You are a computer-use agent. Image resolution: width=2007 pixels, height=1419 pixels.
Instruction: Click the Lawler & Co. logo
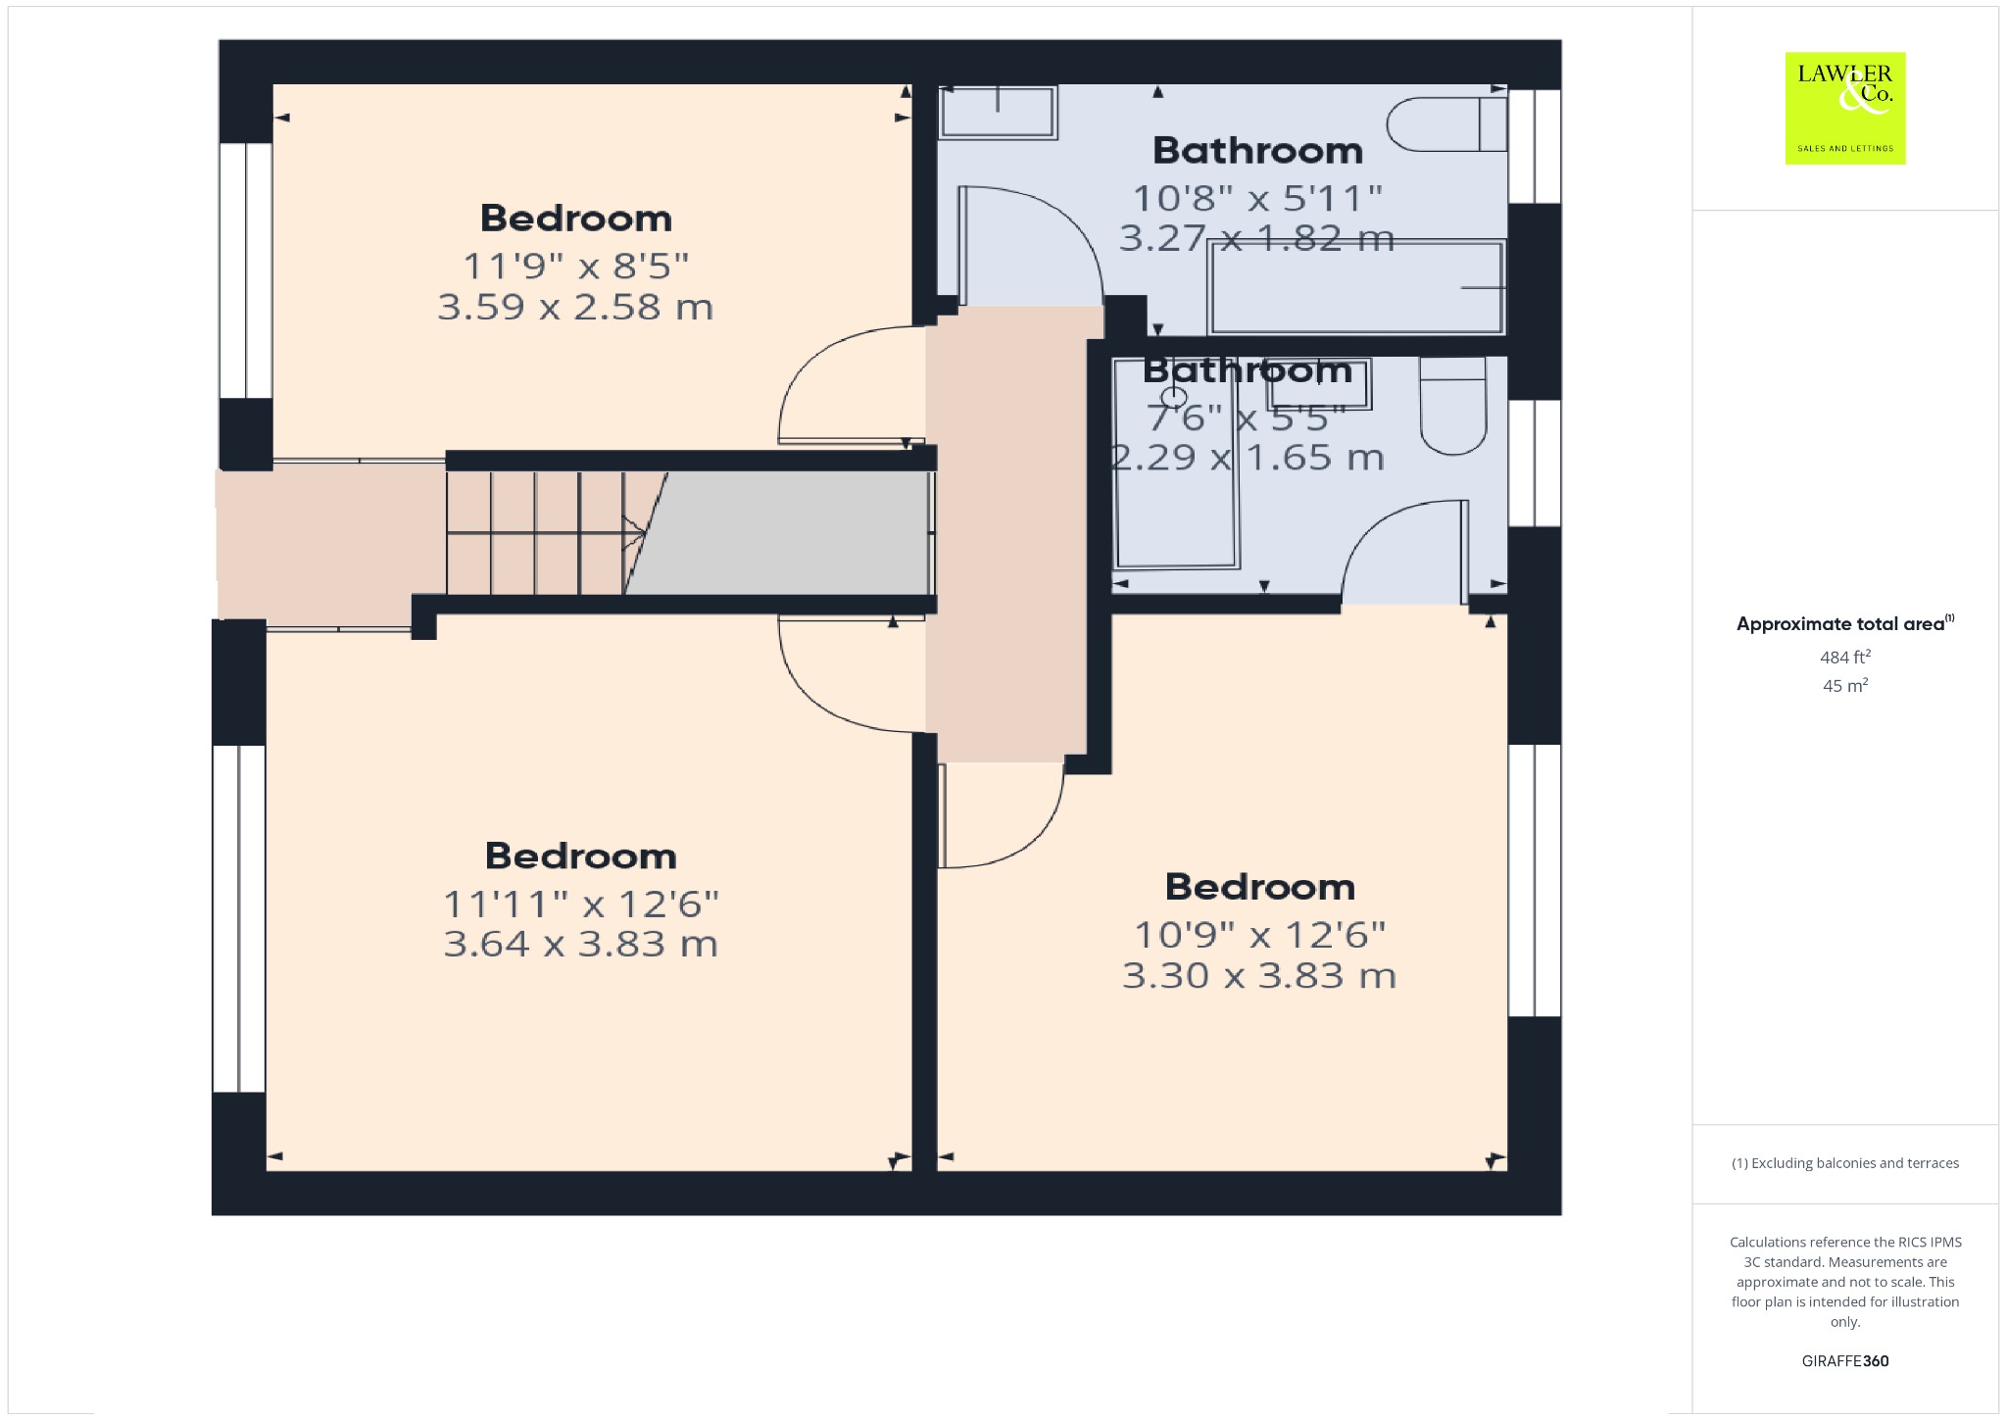[1844, 108]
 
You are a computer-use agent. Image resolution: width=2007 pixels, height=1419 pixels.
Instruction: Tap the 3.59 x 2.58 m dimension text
[575, 308]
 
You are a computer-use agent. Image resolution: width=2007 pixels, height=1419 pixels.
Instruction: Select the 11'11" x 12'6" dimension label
[581, 904]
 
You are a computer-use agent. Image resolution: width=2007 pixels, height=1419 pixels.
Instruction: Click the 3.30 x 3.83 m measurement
[1259, 976]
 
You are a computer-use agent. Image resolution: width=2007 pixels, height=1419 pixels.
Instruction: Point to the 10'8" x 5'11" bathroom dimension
[1257, 199]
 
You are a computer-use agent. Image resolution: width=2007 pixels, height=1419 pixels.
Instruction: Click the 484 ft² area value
[1845, 657]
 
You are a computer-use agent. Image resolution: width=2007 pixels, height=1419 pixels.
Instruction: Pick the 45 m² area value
[1845, 685]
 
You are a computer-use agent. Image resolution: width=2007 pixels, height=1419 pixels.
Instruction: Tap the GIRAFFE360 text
[1845, 1360]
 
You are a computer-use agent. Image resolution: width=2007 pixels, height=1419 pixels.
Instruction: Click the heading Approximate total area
[1840, 624]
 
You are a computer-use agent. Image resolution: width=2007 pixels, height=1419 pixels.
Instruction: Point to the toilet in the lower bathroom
[1453, 406]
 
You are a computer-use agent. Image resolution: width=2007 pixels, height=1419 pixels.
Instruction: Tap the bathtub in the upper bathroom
[1357, 287]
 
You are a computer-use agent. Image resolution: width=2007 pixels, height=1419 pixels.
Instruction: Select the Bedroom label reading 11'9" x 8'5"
[576, 218]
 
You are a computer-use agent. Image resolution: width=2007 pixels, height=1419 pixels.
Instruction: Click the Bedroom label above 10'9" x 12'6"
[1260, 887]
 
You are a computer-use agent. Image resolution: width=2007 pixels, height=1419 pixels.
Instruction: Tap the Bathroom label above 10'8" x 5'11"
[1258, 151]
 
